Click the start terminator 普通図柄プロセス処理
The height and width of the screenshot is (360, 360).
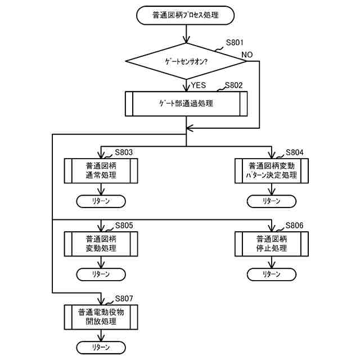185,15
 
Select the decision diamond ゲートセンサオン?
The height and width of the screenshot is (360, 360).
186,61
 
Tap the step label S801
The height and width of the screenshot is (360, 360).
235,43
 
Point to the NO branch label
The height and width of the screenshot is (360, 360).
247,55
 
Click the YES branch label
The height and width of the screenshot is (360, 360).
199,85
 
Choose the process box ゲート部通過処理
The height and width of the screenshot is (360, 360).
186,103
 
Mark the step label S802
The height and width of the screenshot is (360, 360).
234,85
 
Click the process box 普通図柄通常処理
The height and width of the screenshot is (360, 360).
101,171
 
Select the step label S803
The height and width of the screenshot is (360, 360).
124,152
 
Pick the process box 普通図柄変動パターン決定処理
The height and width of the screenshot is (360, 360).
272,171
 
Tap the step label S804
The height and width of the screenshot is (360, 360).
294,152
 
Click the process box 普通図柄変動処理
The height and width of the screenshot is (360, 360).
101,244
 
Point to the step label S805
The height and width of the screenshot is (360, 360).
124,226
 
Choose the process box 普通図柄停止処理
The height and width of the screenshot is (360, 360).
272,244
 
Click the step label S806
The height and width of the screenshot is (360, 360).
294,226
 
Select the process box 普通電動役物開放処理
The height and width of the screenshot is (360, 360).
101,317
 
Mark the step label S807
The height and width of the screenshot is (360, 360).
124,299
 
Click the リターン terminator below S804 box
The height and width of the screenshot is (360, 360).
272,201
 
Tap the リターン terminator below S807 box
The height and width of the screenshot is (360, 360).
101,348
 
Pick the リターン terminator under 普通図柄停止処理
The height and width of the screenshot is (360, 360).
272,274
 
